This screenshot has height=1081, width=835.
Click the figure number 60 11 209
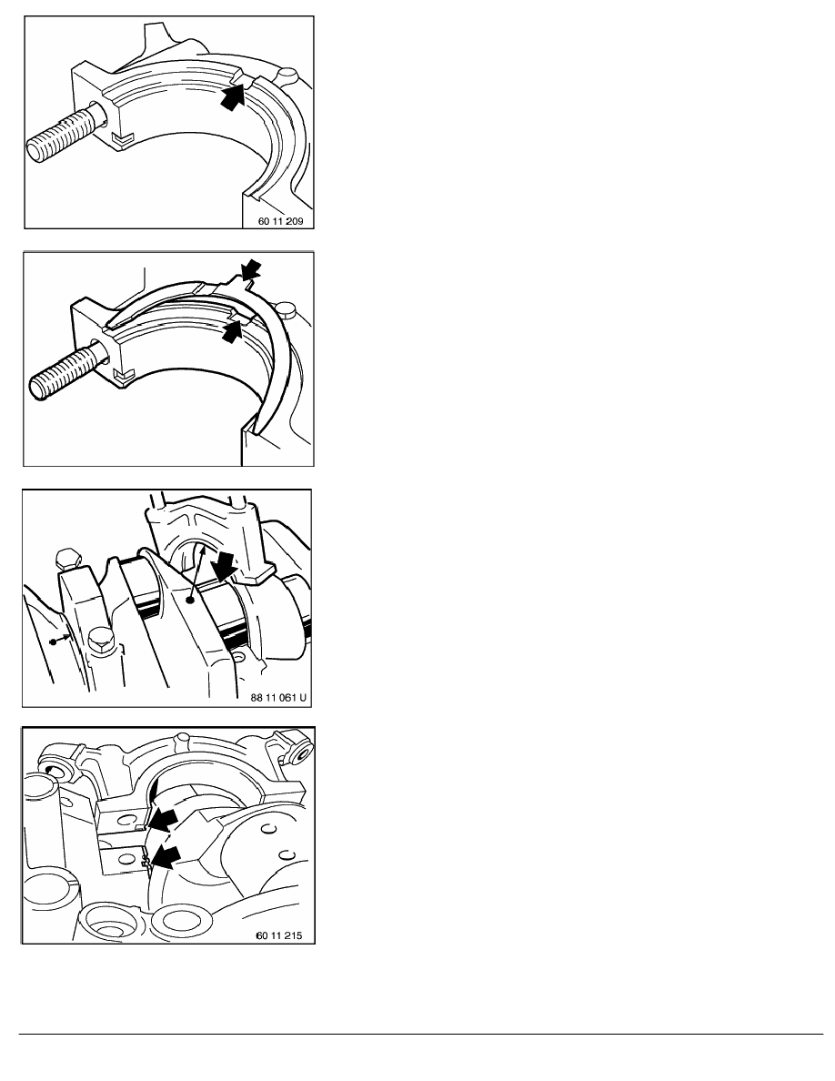pos(280,221)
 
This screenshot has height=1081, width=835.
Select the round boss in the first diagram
pos(287,73)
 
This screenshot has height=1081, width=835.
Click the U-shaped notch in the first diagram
pos(121,140)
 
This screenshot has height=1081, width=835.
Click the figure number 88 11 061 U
pos(277,698)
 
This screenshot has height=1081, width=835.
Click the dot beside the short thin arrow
pos(53,642)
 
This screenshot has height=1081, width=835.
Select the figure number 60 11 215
pos(278,935)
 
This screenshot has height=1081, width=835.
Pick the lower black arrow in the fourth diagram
pos(166,858)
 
